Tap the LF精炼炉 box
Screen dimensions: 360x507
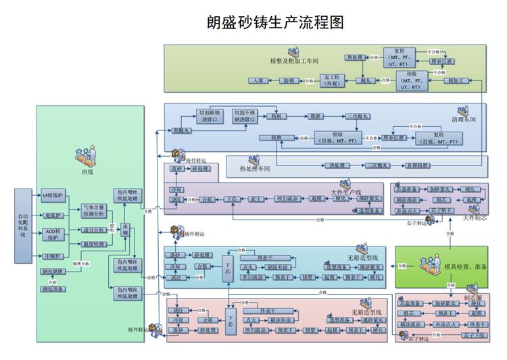[x=52, y=195]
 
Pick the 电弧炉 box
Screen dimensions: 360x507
[x=52, y=215]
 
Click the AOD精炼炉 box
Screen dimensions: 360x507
[x=52, y=235]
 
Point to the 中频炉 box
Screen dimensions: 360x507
[x=52, y=257]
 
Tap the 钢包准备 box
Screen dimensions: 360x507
[x=53, y=289]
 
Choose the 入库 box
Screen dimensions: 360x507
[x=257, y=80]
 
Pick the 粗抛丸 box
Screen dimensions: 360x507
[x=181, y=129]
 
